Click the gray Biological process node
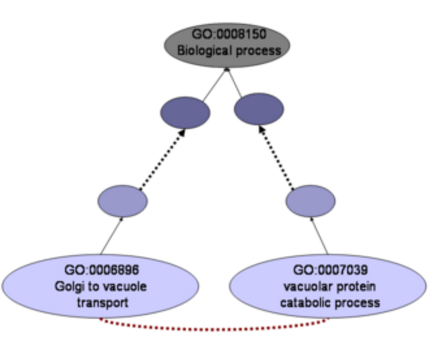coord(227,45)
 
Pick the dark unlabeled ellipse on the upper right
coord(259,109)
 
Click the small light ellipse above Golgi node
coord(122,201)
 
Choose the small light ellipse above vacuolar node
coord(310,201)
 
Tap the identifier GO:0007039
coord(329,270)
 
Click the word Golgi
coord(67,286)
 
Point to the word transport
coord(102,302)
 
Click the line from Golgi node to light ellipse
coord(111,236)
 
